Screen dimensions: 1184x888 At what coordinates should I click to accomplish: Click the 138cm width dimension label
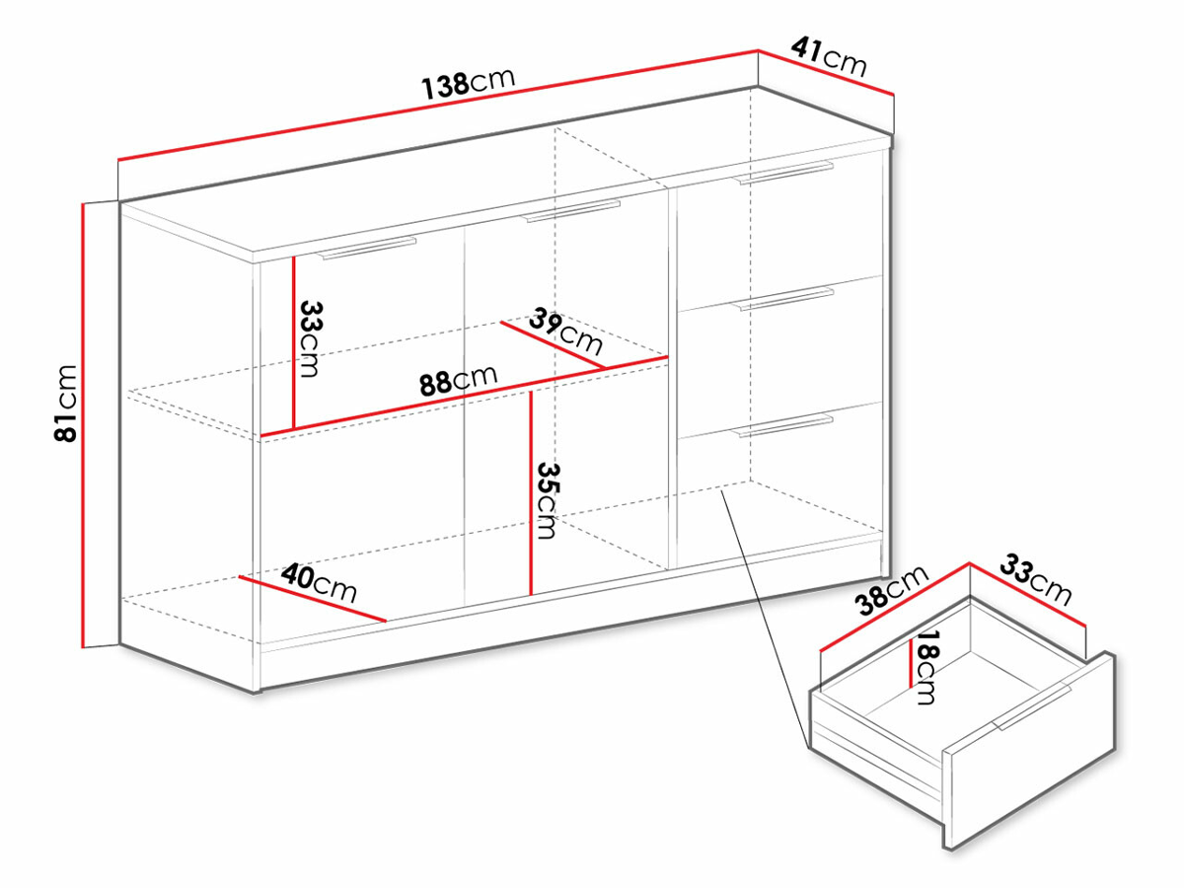[469, 84]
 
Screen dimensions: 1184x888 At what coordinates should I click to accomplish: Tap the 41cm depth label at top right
[829, 57]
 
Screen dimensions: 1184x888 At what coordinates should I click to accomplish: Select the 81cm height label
[66, 404]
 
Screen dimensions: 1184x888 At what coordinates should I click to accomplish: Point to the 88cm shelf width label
[459, 381]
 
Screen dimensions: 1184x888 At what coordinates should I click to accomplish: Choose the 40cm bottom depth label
[319, 582]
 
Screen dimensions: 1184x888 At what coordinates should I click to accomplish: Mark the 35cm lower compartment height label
[548, 501]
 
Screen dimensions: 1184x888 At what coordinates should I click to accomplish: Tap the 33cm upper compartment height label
[310, 339]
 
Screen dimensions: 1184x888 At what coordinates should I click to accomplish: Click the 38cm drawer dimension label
[892, 590]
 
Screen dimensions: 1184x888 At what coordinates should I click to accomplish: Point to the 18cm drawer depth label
[927, 668]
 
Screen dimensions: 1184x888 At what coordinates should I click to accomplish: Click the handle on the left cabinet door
[367, 248]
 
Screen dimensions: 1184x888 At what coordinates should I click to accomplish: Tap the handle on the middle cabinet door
[571, 211]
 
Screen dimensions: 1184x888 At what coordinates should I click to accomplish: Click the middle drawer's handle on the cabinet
[782, 299]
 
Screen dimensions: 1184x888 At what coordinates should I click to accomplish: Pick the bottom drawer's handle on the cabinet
[782, 425]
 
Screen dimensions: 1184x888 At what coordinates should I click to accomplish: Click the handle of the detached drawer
[1032, 707]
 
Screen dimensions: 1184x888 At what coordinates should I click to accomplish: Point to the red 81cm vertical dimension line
[83, 425]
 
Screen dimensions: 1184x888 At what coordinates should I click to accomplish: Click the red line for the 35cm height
[531, 492]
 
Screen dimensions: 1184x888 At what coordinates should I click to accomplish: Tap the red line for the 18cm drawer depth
[911, 663]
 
